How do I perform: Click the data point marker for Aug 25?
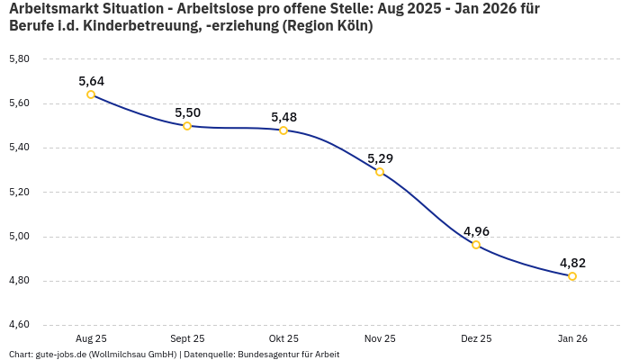(91, 94)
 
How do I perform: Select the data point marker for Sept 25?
(187, 126)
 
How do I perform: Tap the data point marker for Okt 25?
(283, 130)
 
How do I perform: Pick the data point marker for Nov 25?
(380, 172)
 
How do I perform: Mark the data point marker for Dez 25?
(476, 245)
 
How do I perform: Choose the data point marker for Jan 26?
(572, 276)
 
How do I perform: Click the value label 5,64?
(91, 81)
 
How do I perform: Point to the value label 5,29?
(380, 158)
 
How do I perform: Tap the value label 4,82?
(572, 263)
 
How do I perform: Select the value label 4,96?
(476, 231)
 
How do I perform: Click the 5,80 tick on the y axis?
(19, 59)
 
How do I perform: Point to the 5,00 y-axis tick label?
(19, 237)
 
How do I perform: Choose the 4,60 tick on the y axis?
(19, 325)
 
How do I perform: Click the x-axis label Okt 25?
(283, 338)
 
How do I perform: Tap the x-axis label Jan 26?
(572, 338)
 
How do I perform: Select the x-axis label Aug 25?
(91, 338)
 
